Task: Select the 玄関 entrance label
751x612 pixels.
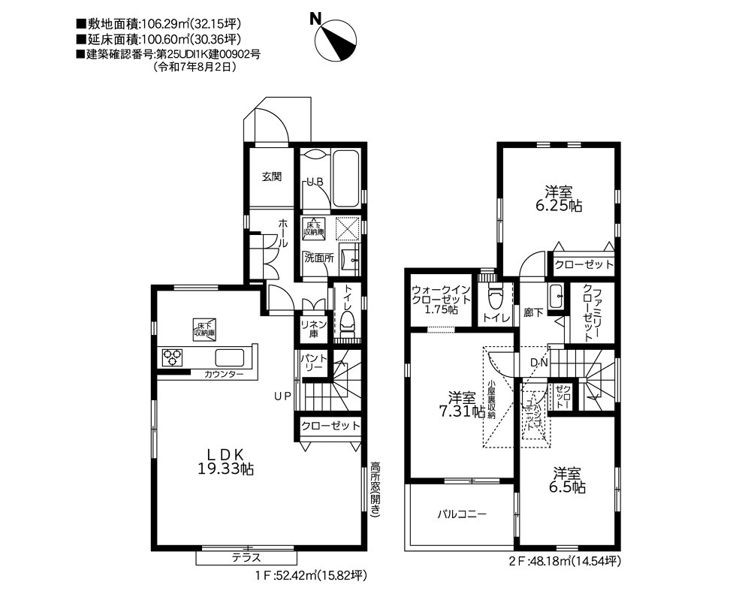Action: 271,177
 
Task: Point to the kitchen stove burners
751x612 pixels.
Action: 171,357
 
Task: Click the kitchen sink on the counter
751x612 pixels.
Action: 231,357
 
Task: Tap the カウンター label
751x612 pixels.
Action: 223,374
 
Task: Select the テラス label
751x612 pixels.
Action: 246,557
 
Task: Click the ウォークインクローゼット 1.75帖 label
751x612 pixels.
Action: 441,299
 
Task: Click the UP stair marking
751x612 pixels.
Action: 282,396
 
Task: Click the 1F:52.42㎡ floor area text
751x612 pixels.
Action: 309,576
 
